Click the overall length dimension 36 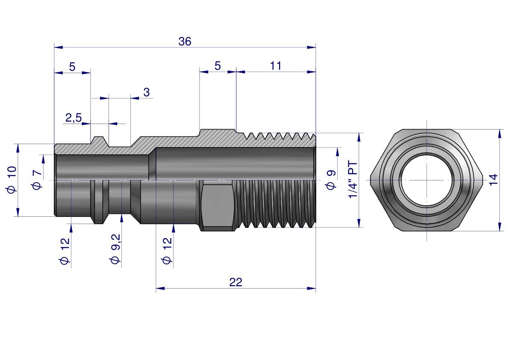point(185,41)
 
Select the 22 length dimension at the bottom point(235,282)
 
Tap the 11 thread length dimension point(276,66)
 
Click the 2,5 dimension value point(74,118)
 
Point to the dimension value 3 point(147,92)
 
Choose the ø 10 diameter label point(12,180)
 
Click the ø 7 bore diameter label point(37,180)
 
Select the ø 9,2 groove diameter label point(115,249)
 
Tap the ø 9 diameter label point(331,180)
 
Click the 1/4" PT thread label point(353,180)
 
